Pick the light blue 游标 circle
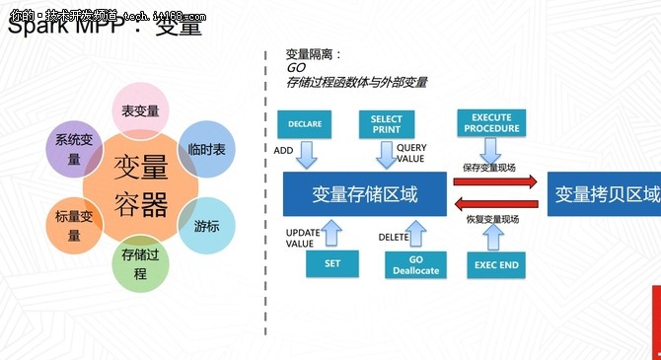click(x=207, y=225)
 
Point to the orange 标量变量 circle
click(x=75, y=226)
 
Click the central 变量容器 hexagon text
click(x=141, y=186)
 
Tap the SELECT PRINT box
click(x=387, y=124)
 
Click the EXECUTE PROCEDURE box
click(x=491, y=123)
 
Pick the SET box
click(x=332, y=263)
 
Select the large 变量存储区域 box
click(x=363, y=194)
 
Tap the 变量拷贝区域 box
click(x=604, y=194)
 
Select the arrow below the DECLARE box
click(x=305, y=154)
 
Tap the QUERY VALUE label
click(x=411, y=153)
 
